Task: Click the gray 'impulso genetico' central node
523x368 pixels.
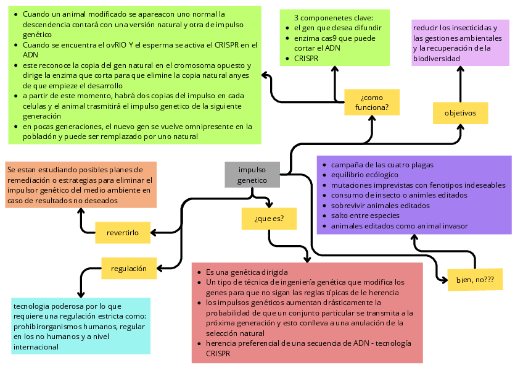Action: (x=252, y=175)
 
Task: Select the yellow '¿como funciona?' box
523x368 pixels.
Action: (x=372, y=102)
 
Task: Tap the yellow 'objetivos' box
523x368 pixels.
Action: (x=460, y=113)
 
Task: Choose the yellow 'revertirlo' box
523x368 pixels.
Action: (x=123, y=232)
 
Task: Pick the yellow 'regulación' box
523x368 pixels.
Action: (x=129, y=268)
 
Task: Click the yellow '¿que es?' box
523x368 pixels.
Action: (x=269, y=219)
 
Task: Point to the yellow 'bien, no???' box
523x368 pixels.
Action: (x=475, y=280)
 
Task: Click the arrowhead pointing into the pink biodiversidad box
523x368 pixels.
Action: (x=460, y=69)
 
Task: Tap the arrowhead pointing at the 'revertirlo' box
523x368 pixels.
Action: (x=154, y=232)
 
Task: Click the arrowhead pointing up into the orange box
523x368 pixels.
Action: (x=81, y=211)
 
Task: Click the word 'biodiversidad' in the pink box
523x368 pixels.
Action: (x=436, y=59)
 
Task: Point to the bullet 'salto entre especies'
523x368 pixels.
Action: (x=365, y=215)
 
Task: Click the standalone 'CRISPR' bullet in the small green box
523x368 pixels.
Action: (x=306, y=59)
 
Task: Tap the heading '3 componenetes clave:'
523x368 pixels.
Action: (x=334, y=18)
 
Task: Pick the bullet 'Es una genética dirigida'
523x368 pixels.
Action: (x=247, y=272)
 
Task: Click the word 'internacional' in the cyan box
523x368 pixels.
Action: (x=36, y=347)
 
